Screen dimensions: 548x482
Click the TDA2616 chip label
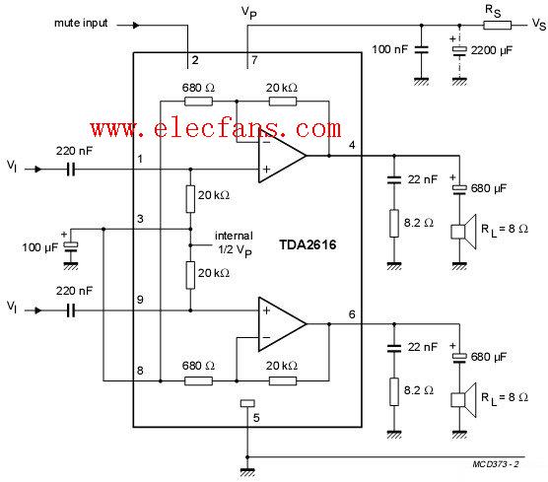[x=308, y=244]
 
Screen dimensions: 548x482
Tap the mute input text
[x=81, y=23]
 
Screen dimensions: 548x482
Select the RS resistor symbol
[x=497, y=26]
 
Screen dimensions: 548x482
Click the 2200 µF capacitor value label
[x=492, y=50]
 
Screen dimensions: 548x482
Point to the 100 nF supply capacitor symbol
[x=421, y=49]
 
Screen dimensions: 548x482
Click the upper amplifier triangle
[x=282, y=156]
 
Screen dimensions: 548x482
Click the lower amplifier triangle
[x=282, y=324]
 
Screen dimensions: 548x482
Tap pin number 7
[x=254, y=60]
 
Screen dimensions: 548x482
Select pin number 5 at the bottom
[x=256, y=418]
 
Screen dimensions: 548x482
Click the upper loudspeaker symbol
[x=463, y=232]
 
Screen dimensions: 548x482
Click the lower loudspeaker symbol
[x=463, y=400]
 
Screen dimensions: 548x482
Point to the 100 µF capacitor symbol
[x=71, y=246]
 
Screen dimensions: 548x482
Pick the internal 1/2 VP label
[x=234, y=244]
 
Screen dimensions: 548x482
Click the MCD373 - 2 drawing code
[x=496, y=464]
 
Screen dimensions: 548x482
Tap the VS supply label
[x=538, y=24]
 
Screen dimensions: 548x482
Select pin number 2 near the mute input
[x=195, y=60]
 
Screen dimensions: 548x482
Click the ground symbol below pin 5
[x=247, y=472]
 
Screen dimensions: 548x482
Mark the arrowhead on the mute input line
[x=136, y=26]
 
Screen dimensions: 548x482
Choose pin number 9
[x=140, y=300]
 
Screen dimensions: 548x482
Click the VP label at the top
[x=248, y=13]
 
